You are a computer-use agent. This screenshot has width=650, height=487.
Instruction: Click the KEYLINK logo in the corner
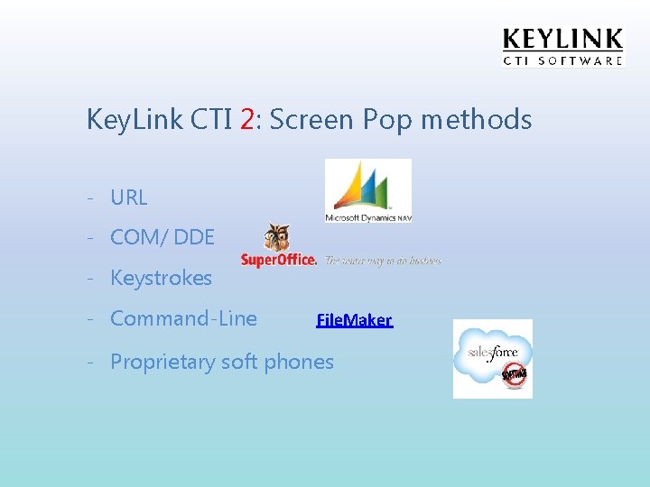tap(562, 40)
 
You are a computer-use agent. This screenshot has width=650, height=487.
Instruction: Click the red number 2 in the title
tap(248, 119)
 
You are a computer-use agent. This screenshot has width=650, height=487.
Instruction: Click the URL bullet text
tap(128, 198)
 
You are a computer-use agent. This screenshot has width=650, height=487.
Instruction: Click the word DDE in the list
tap(194, 237)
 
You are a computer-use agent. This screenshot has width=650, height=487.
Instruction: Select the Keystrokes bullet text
tap(161, 278)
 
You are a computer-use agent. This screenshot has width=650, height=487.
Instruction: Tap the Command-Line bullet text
tap(183, 318)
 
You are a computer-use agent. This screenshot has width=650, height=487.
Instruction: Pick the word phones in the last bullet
tap(301, 362)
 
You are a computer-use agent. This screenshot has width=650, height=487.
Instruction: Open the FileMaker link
tap(354, 320)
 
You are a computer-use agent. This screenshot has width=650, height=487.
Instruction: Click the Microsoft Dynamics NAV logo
tap(367, 191)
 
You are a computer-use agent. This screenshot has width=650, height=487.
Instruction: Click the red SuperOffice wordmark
tap(279, 260)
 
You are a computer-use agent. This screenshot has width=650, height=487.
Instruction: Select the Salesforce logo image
tap(492, 358)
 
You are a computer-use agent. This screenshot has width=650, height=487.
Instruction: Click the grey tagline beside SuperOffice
tap(383, 260)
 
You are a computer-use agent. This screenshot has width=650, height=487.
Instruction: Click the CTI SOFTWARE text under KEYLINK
tap(562, 60)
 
